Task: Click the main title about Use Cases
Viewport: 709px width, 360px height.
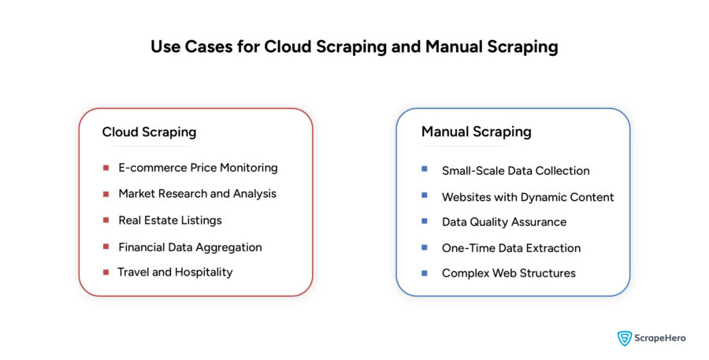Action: coord(354,46)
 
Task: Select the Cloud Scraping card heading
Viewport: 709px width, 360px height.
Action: coord(149,132)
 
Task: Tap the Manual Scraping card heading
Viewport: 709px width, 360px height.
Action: coord(476,132)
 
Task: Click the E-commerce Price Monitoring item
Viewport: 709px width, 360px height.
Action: coord(198,168)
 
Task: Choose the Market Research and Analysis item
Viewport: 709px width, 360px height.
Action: coord(197,193)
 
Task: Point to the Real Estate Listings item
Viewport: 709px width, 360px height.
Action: coord(170,220)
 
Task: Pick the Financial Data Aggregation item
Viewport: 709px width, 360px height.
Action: coord(190,247)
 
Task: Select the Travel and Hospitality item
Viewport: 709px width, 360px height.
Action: coord(175,272)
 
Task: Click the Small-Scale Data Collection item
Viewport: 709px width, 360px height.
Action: coord(515,170)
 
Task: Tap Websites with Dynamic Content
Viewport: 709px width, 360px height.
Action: coord(528,197)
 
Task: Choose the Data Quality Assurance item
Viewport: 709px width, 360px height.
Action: coord(503,222)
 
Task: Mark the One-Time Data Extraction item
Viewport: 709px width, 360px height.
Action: coord(510,247)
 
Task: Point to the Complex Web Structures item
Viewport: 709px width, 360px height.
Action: coord(508,273)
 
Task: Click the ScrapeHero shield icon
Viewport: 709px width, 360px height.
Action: coord(625,338)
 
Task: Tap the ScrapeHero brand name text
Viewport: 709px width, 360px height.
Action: coord(660,338)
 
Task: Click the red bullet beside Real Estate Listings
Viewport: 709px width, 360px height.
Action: coord(106,220)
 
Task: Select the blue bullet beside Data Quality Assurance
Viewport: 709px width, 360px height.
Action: coord(425,221)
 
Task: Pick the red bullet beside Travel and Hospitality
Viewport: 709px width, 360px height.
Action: coord(106,272)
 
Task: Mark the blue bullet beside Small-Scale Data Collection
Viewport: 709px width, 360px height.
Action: coord(425,169)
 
